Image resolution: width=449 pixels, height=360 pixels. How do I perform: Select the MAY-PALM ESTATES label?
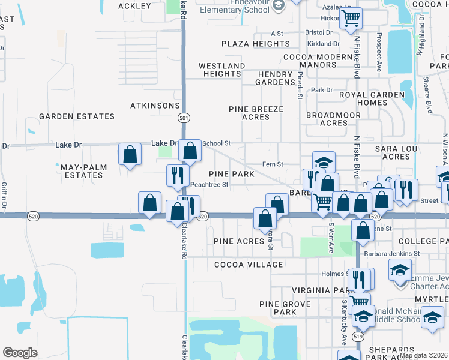point(81,170)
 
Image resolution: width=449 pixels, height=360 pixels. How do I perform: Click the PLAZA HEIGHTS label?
point(255,44)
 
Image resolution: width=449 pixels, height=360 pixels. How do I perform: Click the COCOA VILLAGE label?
point(248,265)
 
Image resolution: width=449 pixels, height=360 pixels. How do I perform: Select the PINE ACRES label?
point(239,241)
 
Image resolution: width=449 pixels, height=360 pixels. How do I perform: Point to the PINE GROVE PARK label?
point(285,308)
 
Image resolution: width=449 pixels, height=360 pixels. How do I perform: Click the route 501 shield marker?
point(184,119)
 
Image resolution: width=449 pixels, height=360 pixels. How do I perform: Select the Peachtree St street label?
point(208,185)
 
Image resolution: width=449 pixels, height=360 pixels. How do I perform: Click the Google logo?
point(20,353)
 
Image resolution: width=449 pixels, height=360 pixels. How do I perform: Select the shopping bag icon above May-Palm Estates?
point(130,154)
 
